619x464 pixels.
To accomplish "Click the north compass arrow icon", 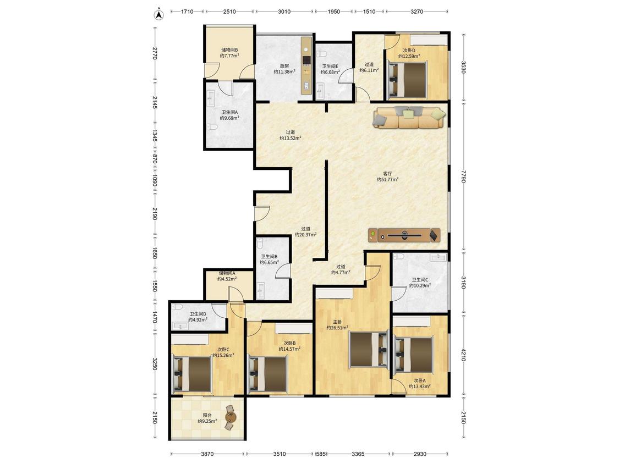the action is [x=158, y=15].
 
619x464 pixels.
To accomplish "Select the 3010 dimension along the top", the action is [x=284, y=12].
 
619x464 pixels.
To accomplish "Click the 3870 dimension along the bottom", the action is [x=207, y=454].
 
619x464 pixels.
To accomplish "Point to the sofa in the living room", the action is [x=409, y=117].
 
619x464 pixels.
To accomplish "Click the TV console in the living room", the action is [x=404, y=235].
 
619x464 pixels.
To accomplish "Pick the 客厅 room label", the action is [x=388, y=173].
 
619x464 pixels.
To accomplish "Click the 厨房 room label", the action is [x=284, y=66].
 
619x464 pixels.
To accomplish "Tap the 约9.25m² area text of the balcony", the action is [x=207, y=421].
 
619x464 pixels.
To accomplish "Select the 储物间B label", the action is [x=229, y=49].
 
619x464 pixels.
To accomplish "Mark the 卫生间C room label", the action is [x=420, y=280].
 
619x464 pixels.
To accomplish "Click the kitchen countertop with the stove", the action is [x=306, y=65].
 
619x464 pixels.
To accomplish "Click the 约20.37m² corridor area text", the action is [x=305, y=234].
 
